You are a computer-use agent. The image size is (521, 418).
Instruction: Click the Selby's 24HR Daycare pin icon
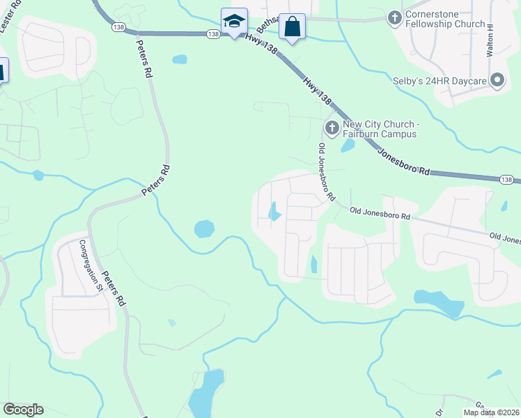click(497, 81)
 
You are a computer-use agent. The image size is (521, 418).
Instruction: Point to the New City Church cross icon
click(332, 127)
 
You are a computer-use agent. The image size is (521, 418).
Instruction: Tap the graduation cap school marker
click(234, 22)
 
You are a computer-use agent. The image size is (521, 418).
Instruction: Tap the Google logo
click(23, 410)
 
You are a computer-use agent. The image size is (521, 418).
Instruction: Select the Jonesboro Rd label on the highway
click(404, 160)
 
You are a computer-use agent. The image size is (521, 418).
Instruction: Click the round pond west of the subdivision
click(204, 228)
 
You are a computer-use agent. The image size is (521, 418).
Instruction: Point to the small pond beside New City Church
click(346, 146)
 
